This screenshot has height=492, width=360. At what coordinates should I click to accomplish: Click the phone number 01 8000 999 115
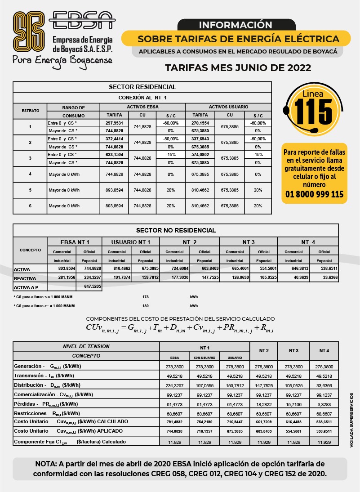point(315,194)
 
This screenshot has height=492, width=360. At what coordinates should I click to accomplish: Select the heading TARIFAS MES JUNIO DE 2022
point(238,68)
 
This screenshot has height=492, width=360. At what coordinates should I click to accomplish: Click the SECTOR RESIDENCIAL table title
point(142,87)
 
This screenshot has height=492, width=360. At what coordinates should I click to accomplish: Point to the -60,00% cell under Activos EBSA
point(171,123)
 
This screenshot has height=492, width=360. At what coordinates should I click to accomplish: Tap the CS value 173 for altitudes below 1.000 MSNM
point(145,297)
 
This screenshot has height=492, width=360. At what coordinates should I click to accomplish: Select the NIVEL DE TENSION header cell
point(86,346)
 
